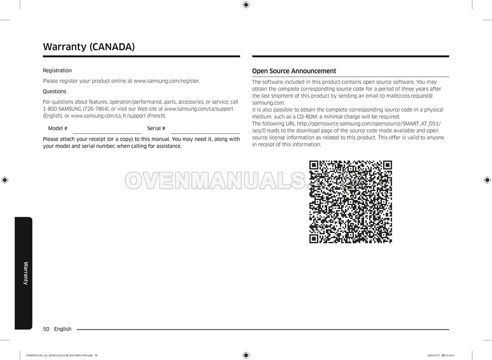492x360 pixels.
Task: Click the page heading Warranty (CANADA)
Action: [x=88, y=47]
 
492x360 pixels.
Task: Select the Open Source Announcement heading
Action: [x=294, y=71]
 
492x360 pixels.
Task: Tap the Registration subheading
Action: [x=57, y=71]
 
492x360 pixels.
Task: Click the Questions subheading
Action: [x=54, y=92]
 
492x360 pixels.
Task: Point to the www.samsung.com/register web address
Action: [x=166, y=81]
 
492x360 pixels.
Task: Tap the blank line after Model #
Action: [x=105, y=132]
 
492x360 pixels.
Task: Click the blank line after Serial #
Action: [x=205, y=132]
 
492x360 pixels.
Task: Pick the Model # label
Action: [x=58, y=129]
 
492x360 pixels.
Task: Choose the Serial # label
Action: [x=156, y=129]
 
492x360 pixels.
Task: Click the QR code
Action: [x=350, y=202]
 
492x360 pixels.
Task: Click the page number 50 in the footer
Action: [x=46, y=329]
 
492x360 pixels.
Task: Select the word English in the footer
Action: [x=63, y=329]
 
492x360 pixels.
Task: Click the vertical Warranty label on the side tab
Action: [x=26, y=273]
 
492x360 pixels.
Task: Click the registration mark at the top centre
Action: [x=246, y=5]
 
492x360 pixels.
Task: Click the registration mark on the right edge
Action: [x=487, y=180]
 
